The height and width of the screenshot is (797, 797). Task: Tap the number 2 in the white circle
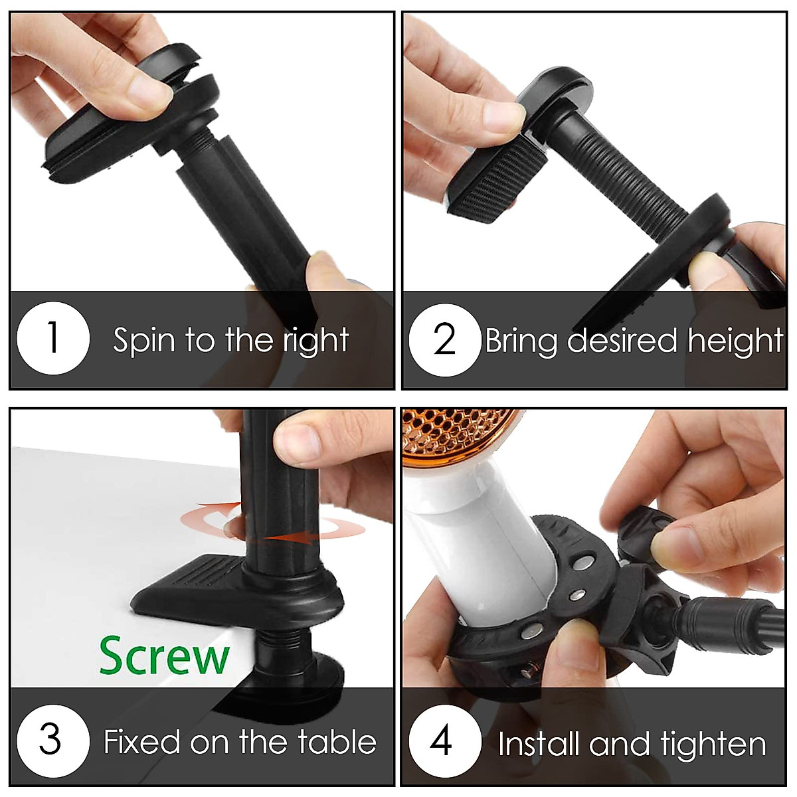point(444,339)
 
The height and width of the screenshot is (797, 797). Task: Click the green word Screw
point(164,656)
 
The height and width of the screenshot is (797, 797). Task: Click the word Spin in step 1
point(143,341)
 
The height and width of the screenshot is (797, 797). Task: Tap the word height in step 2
point(735,341)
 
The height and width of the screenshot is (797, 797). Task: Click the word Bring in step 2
point(521,341)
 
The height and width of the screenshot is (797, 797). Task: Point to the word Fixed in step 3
point(142,742)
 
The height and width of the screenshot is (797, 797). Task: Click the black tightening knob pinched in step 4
point(641,531)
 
